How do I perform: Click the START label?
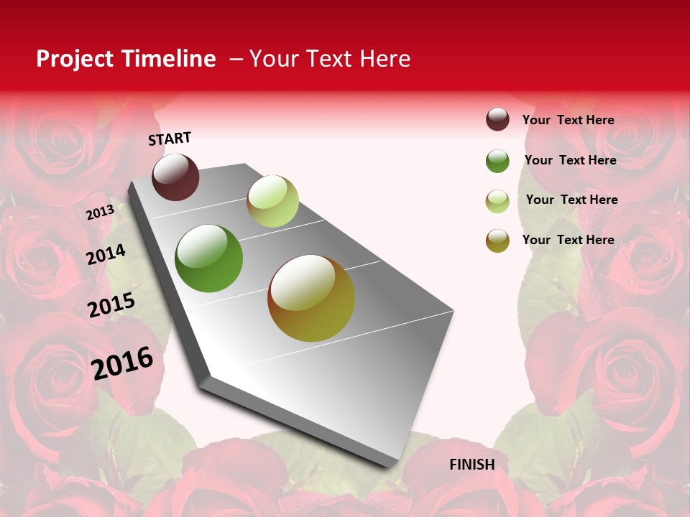(x=170, y=139)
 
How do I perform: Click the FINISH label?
(x=471, y=465)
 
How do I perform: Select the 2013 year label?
(x=100, y=212)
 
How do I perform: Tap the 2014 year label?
(x=106, y=254)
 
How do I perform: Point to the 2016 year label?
(x=122, y=363)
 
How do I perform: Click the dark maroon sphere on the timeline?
(x=175, y=177)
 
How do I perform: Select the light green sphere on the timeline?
(x=272, y=201)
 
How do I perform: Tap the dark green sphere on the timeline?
(x=208, y=258)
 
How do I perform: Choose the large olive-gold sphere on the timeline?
(x=311, y=298)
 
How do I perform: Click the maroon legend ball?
(x=497, y=120)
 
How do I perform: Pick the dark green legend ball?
(x=497, y=161)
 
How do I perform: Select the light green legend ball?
(x=497, y=201)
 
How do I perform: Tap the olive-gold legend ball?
(x=497, y=241)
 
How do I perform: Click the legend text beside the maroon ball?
(x=568, y=120)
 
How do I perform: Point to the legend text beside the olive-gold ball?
(x=568, y=240)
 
